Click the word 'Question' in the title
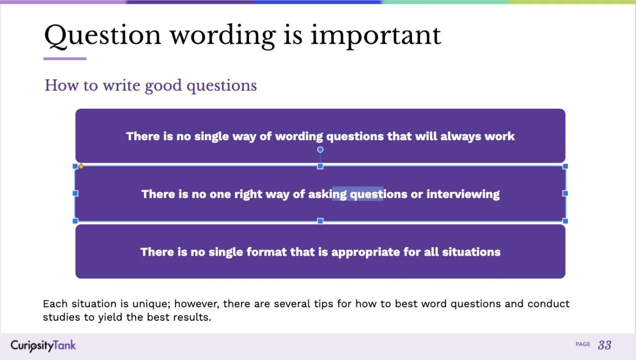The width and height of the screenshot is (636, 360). [x=102, y=35]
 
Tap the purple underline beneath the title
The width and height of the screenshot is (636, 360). [x=65, y=59]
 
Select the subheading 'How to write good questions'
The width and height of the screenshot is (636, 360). [x=151, y=86]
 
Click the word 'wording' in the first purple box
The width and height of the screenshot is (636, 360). [x=299, y=136]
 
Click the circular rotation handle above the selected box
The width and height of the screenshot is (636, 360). [x=320, y=150]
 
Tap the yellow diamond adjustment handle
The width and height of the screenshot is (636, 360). [x=81, y=167]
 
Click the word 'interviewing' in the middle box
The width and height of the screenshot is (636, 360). [x=463, y=194]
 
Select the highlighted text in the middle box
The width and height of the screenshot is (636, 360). [x=358, y=194]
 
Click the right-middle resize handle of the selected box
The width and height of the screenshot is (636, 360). [x=565, y=193]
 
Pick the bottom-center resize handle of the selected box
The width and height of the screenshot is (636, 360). [x=320, y=221]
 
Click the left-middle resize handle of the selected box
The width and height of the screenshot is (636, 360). [x=76, y=193]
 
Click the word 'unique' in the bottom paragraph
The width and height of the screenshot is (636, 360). [x=150, y=304]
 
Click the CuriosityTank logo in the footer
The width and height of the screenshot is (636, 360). [x=43, y=345]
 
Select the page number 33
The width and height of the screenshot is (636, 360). [x=604, y=345]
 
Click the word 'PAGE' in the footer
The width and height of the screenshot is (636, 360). [x=583, y=344]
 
